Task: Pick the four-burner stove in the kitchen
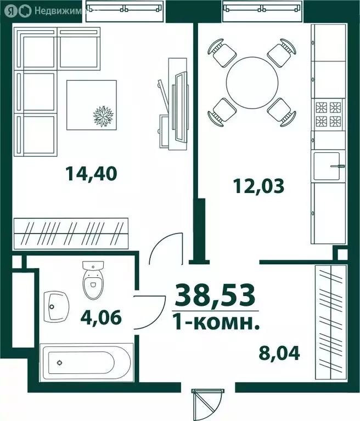[328, 114]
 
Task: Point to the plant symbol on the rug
[104, 116]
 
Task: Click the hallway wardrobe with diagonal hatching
[331, 322]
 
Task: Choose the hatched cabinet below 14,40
[70, 233]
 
